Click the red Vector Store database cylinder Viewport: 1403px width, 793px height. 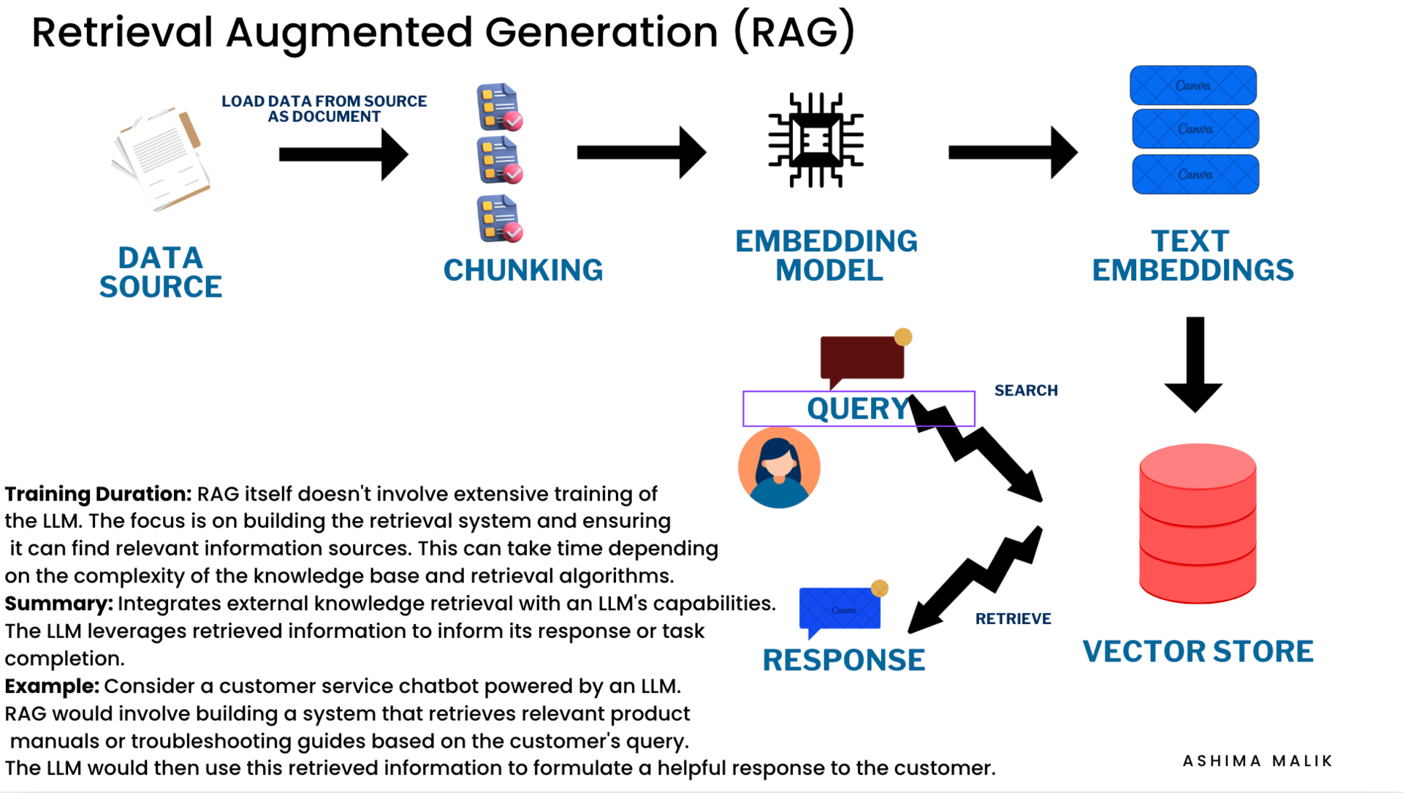point(1197,523)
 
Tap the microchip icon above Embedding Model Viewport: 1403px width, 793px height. point(815,140)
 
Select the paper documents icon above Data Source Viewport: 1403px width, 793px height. point(161,159)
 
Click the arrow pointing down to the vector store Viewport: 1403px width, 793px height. point(1194,364)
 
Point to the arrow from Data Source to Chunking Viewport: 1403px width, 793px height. point(343,154)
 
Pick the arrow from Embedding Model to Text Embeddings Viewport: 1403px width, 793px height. point(1012,153)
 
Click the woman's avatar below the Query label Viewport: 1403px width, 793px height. point(779,468)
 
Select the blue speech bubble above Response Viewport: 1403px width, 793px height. point(840,609)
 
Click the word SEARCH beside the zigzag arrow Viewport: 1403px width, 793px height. point(1026,390)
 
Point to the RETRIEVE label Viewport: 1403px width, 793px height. point(1013,618)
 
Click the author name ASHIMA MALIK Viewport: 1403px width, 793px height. point(1258,761)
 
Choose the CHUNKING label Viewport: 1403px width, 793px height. point(523,270)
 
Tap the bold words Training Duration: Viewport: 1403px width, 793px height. point(98,494)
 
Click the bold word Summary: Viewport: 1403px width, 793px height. point(58,604)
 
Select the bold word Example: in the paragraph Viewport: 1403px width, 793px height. point(52,686)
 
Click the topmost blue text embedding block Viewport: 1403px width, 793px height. point(1193,86)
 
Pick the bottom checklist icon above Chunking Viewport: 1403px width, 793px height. point(500,219)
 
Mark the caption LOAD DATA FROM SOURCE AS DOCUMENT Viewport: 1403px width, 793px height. point(324,109)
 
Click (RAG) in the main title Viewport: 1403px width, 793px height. point(794,32)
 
